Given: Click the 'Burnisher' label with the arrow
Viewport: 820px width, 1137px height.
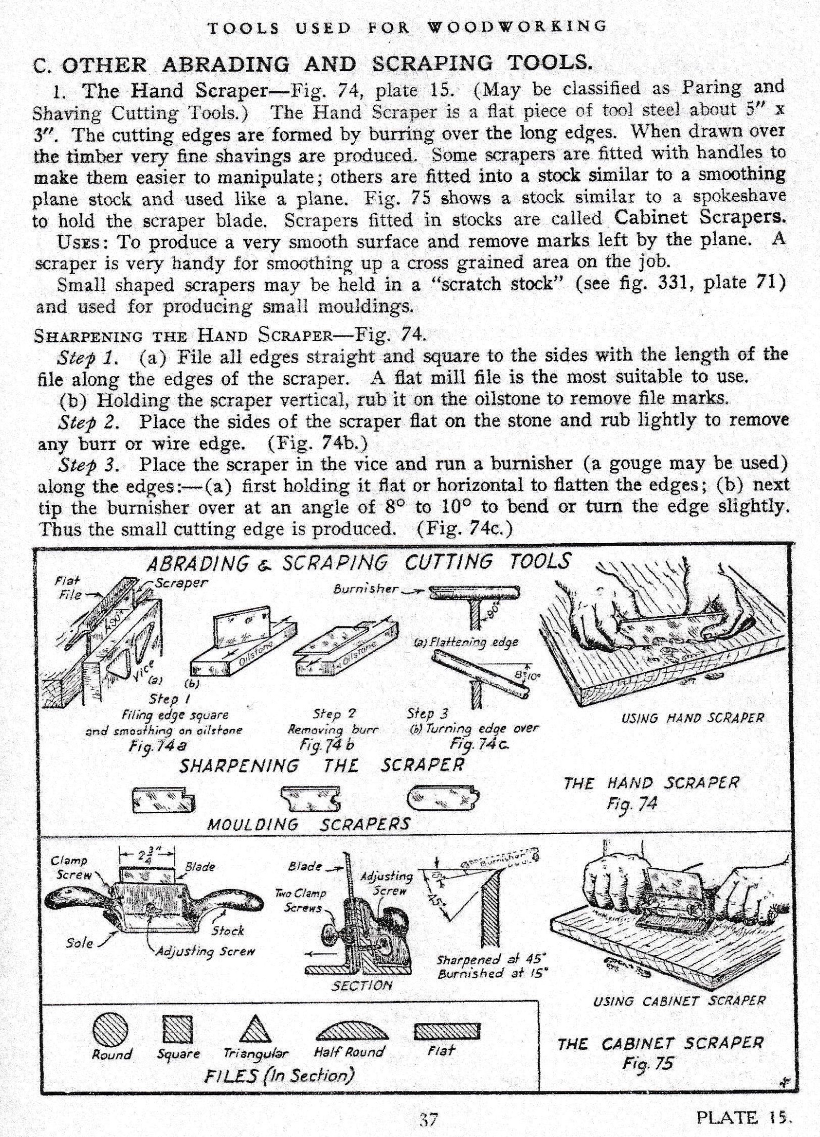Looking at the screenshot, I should coord(366,588).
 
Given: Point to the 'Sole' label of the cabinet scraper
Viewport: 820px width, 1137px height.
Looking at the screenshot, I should coord(80,942).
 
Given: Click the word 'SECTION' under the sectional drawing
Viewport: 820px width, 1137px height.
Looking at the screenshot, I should coord(362,985).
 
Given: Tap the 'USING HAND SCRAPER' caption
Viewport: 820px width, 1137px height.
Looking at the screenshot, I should coord(692,718).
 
